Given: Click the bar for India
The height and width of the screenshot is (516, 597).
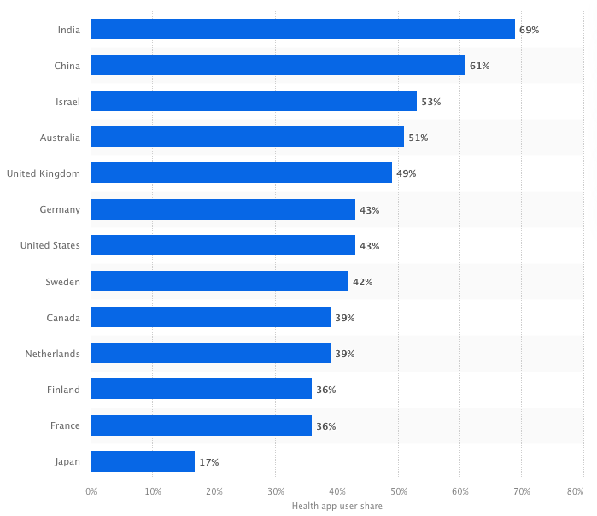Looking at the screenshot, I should point(302,30).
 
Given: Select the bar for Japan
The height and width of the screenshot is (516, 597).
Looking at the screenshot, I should point(143,461).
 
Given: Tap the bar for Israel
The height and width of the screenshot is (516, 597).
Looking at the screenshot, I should point(254,102).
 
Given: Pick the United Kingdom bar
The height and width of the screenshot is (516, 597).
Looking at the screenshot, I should point(241,173).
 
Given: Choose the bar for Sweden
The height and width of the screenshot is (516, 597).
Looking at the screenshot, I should point(219,282).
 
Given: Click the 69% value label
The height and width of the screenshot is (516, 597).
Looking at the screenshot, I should point(529,30).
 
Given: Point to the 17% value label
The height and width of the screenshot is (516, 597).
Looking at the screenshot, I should point(208,462).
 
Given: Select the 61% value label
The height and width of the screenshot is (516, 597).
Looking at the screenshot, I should point(479,66).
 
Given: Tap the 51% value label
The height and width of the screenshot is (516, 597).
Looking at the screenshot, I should point(418,138).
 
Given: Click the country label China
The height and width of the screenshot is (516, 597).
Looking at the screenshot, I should point(66,66).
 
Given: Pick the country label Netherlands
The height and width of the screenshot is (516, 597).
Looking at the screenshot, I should point(52,354).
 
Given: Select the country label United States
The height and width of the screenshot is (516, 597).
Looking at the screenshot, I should point(50,246).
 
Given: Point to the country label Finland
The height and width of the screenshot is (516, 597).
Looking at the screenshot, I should point(64,390).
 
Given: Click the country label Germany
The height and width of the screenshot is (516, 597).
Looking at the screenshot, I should point(60,209).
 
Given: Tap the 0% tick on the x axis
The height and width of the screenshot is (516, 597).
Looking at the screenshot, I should point(91,491).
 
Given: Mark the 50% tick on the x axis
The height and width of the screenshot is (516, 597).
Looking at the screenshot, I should point(399,491).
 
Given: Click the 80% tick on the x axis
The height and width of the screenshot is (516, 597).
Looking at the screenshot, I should point(575,491).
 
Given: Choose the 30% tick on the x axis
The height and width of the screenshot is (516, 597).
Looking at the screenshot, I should point(276,491).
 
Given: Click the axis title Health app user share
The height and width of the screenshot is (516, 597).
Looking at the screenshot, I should point(337,506).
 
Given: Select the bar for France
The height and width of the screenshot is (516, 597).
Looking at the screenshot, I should point(201,425).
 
